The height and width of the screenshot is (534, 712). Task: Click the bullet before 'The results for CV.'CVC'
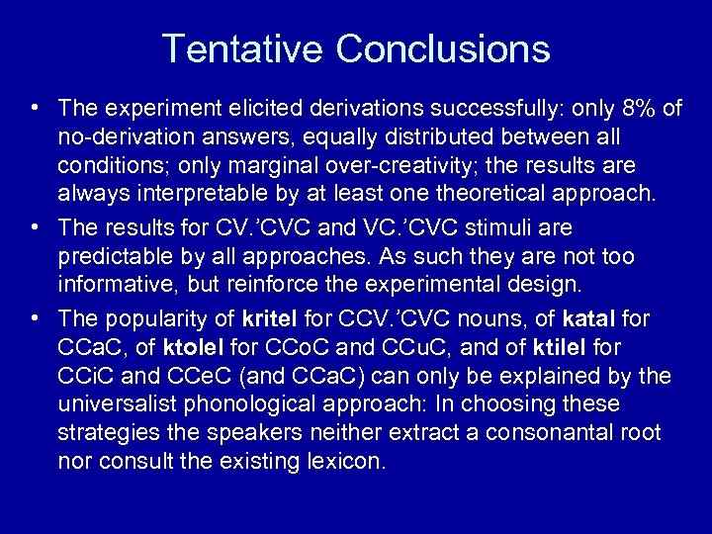pyautogui.click(x=36, y=227)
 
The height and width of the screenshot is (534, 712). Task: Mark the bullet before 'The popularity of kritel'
pyautogui.click(x=36, y=317)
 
